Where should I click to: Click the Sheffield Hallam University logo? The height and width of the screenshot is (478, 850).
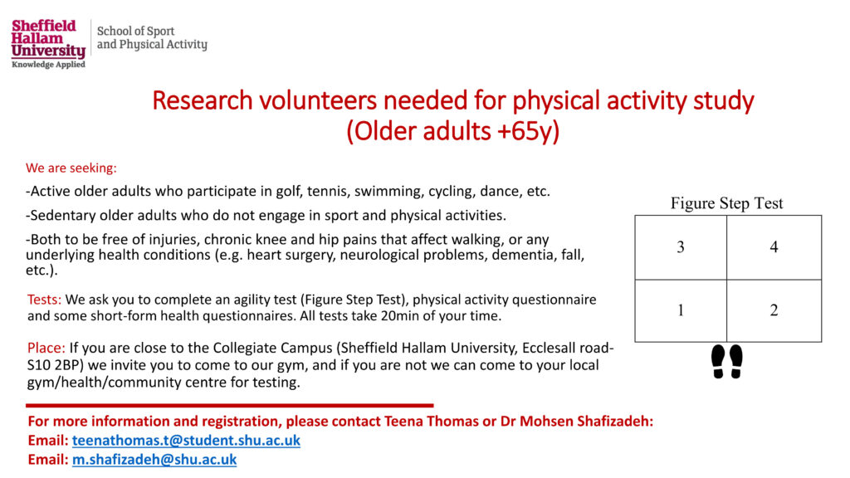point(48,44)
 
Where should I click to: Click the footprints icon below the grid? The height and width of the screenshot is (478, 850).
point(727,362)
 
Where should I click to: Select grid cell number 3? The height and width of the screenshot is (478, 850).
point(681,247)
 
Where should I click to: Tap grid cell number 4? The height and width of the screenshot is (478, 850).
point(774,247)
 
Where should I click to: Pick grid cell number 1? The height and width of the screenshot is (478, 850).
point(681,310)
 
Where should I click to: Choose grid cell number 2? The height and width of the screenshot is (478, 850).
point(774,310)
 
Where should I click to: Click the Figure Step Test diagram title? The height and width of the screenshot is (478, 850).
point(727,203)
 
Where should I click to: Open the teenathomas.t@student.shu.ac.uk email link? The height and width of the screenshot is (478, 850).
point(186,440)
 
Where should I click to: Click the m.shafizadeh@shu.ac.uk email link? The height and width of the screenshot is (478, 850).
point(154,460)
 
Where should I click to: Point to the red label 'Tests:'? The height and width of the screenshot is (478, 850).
point(45,300)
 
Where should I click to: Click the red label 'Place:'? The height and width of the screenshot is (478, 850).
point(46,348)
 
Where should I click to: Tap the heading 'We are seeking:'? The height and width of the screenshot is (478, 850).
point(71,168)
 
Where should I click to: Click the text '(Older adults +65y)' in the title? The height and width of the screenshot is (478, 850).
point(452,131)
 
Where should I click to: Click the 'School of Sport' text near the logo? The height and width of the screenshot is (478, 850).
point(135,32)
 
